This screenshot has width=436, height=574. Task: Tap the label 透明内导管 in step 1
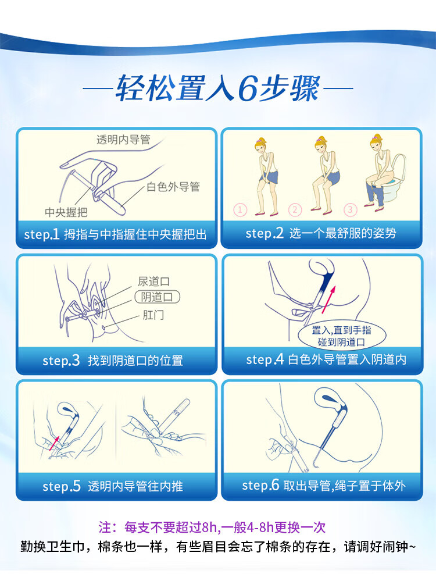pyautogui.click(x=123, y=140)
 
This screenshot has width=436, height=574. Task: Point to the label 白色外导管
pyautogui.click(x=173, y=187)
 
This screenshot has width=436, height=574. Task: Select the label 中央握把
pyautogui.click(x=66, y=212)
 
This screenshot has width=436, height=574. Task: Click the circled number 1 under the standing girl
pyautogui.click(x=240, y=210)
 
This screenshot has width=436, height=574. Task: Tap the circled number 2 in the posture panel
pyautogui.click(x=295, y=210)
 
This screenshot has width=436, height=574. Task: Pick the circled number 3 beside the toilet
pyautogui.click(x=350, y=210)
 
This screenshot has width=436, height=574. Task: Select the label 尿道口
pyautogui.click(x=153, y=281)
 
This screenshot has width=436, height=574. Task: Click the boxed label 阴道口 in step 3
pyautogui.click(x=158, y=297)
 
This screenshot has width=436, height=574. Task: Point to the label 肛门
pyautogui.click(x=153, y=315)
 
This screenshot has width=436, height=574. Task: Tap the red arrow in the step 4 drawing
pyautogui.click(x=328, y=300)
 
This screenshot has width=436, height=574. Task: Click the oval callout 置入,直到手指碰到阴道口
pyautogui.click(x=342, y=336)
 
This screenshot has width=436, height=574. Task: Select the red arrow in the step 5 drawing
pyautogui.click(x=54, y=443)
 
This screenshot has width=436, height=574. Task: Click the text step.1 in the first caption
pyautogui.click(x=42, y=234)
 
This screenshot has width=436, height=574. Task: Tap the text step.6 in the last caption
pyautogui.click(x=260, y=485)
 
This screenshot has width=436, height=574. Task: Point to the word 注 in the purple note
pyautogui.click(x=105, y=527)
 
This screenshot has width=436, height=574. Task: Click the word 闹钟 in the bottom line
pyautogui.click(x=395, y=547)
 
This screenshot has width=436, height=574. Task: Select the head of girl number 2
pyautogui.click(x=321, y=145)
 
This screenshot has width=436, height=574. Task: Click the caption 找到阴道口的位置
pyautogui.click(x=135, y=361)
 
